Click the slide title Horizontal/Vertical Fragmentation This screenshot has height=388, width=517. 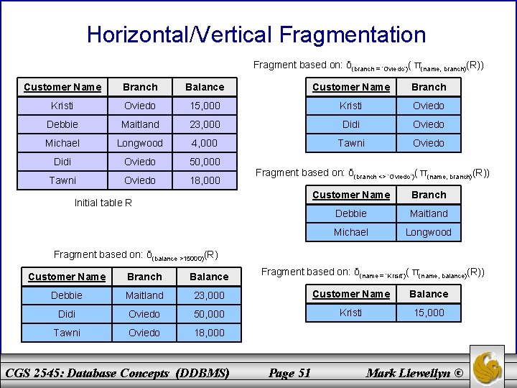[256, 34]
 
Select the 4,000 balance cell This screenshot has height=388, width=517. [205, 143]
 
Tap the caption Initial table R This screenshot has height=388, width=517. [103, 203]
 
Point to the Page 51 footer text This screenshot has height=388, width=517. [289, 372]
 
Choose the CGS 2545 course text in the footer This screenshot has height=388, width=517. [117, 372]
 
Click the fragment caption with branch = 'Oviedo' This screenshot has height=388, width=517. [368, 65]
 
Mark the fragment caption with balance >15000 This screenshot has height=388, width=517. [136, 254]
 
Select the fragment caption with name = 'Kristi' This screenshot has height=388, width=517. [373, 272]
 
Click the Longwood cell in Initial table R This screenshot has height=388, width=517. [140, 143]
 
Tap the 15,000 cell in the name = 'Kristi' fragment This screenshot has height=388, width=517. [429, 313]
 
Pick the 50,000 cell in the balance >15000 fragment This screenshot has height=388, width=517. [209, 314]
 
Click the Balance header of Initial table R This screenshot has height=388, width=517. [205, 87]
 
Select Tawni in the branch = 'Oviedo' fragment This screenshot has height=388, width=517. [351, 143]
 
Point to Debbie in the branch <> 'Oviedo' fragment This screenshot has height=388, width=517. [351, 213]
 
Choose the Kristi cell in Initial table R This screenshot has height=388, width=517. [62, 106]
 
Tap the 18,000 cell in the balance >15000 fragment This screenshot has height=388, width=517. [209, 333]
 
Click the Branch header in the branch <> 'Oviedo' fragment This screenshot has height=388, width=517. [429, 195]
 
